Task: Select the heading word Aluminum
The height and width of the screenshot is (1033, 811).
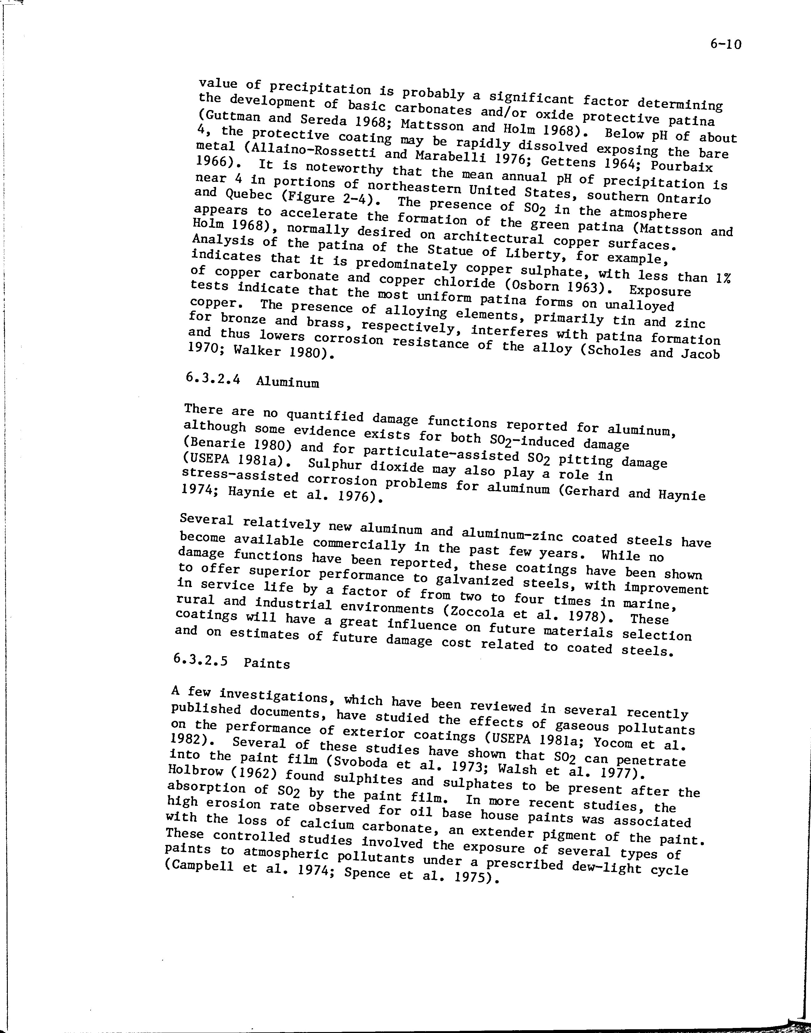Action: tap(287, 382)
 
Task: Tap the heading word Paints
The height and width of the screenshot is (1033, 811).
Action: tap(267, 663)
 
